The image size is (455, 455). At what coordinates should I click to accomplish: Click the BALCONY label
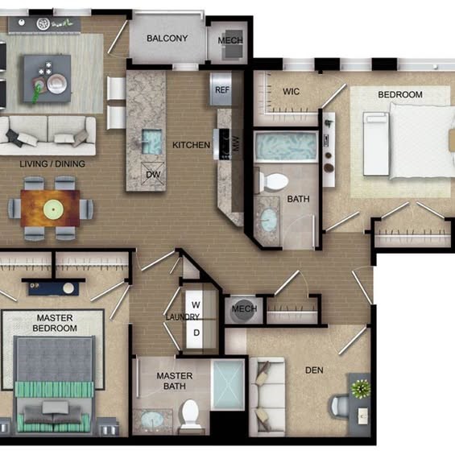pyautogui.click(x=168, y=39)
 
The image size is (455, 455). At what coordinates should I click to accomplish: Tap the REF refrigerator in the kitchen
pyautogui.click(x=221, y=89)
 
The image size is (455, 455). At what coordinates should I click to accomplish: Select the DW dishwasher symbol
pyautogui.click(x=153, y=174)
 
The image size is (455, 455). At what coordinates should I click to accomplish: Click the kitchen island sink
pyautogui.click(x=151, y=142)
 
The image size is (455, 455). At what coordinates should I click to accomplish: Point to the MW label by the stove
pyautogui.click(x=236, y=143)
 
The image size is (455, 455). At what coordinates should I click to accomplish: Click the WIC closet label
pyautogui.click(x=291, y=92)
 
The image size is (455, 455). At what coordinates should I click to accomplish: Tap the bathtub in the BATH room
pyautogui.click(x=286, y=147)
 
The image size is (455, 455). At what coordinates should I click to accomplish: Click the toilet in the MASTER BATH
pyautogui.click(x=190, y=413)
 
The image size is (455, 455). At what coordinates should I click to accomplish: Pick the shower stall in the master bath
pyautogui.click(x=228, y=385)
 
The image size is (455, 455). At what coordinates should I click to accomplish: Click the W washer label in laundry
pyautogui.click(x=196, y=305)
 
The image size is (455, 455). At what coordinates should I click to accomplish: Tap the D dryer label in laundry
pyautogui.click(x=196, y=333)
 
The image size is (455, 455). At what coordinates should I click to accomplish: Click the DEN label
pyautogui.click(x=314, y=370)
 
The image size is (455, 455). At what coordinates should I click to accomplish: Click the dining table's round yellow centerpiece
pyautogui.click(x=53, y=209)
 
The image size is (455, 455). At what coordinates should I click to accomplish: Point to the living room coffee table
pyautogui.click(x=48, y=78)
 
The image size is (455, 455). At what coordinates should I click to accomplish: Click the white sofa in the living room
pyautogui.click(x=48, y=135)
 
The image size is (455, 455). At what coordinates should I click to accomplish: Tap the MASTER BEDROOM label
pyautogui.click(x=55, y=323)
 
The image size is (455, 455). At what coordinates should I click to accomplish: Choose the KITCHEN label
pyautogui.click(x=191, y=145)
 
